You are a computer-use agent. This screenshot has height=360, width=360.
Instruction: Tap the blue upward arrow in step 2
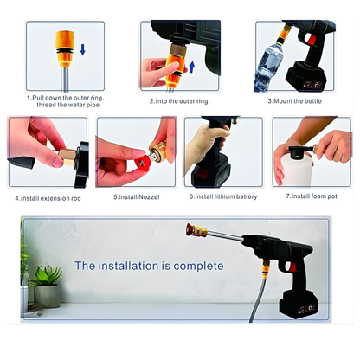click(x=190, y=65)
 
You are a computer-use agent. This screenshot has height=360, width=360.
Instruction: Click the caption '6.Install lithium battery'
click(x=222, y=197)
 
